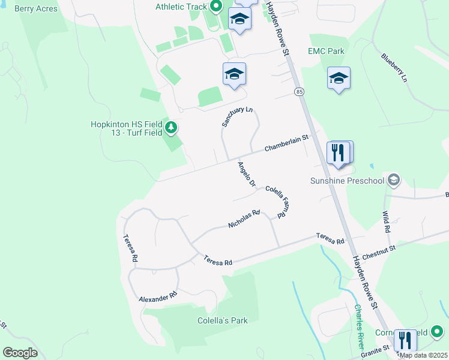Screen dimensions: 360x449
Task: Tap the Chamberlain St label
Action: (286, 143)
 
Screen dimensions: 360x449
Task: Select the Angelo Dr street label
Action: (247, 174)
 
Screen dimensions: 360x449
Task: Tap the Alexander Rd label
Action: (158, 296)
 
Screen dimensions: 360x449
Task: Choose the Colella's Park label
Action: (223, 320)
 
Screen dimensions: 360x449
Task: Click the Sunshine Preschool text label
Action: (347, 180)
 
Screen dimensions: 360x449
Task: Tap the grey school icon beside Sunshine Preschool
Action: (394, 179)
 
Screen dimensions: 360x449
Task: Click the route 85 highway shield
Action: (298, 91)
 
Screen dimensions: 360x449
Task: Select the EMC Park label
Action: (326, 52)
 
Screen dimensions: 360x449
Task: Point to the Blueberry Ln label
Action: (394, 68)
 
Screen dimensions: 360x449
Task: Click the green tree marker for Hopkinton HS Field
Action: (172, 127)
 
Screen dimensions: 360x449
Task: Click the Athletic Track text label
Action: (181, 7)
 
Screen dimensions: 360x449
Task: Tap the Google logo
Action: (20, 353)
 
